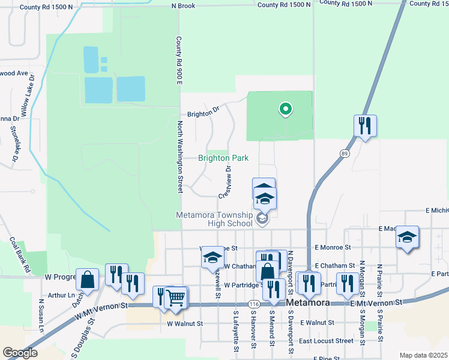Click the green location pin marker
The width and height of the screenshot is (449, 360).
point(286,109)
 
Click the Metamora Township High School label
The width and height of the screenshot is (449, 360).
point(214,219)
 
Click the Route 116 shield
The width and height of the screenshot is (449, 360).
point(254,304)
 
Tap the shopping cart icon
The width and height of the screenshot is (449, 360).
point(175,297)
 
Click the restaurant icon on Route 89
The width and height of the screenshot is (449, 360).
point(365,125)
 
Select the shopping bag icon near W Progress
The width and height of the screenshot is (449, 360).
point(88,280)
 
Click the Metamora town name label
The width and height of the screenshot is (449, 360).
point(308,304)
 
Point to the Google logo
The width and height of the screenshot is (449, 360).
point(20,353)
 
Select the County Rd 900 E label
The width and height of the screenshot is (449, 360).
point(178,60)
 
